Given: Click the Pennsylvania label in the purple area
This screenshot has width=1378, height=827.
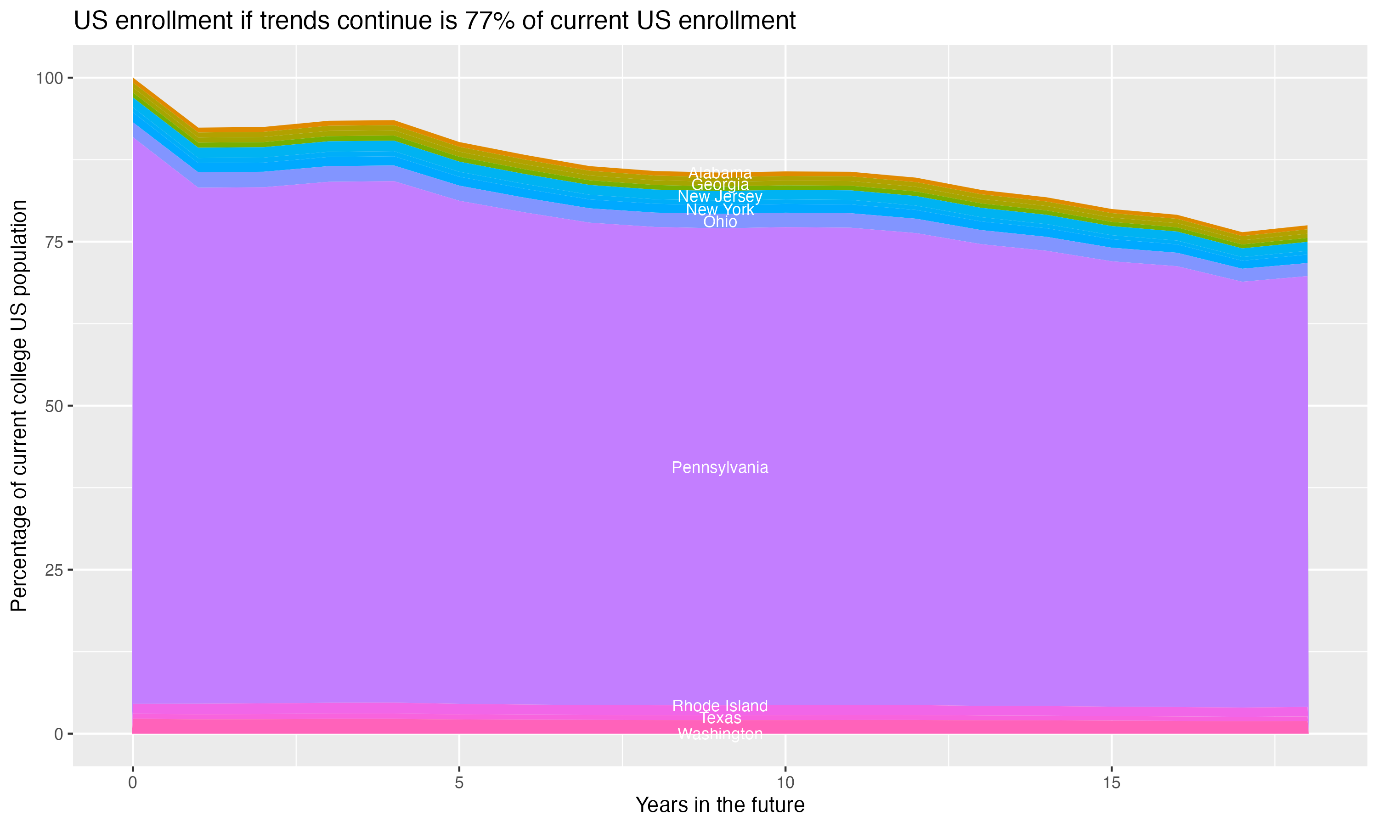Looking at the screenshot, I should click(720, 468).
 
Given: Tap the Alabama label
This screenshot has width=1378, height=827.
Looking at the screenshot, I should click(720, 173).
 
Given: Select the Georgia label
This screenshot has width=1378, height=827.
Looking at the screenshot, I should click(720, 184).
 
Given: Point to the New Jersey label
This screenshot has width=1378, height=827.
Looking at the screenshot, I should click(720, 197).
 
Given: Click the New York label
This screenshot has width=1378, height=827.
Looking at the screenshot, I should click(720, 210).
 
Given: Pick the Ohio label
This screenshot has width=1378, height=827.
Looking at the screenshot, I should click(720, 222).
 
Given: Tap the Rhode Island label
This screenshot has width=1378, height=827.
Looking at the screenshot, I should click(720, 706).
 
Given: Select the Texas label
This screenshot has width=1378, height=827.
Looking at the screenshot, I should click(720, 718).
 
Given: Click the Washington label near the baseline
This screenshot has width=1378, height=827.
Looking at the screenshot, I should click(720, 734).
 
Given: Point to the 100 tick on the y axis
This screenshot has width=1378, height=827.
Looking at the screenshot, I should click(50, 78).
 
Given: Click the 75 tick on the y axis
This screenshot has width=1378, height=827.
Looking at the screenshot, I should click(54, 242).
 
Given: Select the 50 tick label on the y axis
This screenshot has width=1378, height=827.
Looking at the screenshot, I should click(54, 406).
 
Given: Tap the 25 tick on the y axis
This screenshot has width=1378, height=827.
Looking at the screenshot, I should click(54, 570).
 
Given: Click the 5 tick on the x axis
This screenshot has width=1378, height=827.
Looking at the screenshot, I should click(459, 783).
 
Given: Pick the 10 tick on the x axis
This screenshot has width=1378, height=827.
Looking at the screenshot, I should click(785, 783).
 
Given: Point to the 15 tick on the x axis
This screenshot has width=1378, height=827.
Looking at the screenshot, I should click(1111, 783).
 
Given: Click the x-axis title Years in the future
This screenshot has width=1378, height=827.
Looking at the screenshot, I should click(720, 804).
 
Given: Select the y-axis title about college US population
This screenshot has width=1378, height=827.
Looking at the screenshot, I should click(19, 406).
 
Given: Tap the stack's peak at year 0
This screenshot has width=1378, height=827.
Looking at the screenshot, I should click(133, 79).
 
